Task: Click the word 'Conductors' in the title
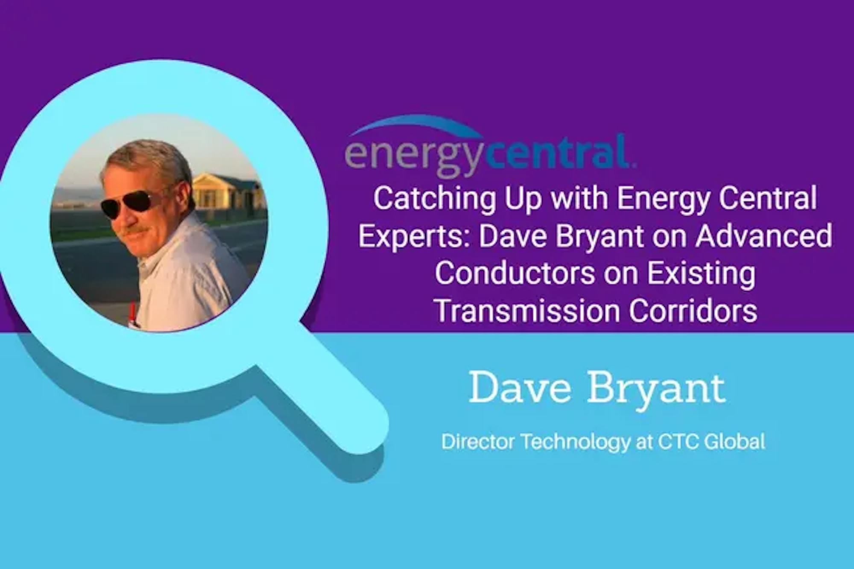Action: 515,273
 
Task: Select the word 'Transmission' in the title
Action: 527,311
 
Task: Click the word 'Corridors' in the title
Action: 693,311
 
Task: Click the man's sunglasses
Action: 131,204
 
